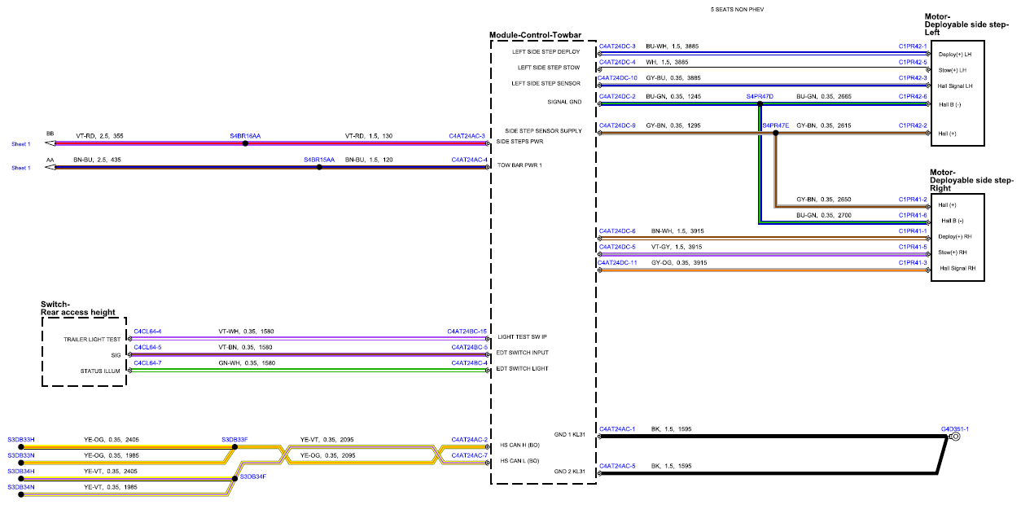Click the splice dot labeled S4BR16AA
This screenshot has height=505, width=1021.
245,143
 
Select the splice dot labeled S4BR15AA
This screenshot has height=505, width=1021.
319,168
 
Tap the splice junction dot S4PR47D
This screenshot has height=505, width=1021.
760,104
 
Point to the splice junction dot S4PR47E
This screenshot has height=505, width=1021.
775,134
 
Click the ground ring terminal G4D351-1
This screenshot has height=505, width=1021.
956,437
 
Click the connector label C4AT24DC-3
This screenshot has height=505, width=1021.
617,46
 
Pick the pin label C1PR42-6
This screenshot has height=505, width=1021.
913,96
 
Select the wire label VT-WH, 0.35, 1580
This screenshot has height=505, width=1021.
246,332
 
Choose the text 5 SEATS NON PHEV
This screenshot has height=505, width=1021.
737,9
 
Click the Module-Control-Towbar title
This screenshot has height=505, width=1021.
535,35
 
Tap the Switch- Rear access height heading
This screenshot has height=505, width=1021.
77,309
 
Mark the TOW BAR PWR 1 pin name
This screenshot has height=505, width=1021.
519,165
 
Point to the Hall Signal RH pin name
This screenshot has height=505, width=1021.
957,268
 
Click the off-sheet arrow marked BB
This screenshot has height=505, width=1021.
50,143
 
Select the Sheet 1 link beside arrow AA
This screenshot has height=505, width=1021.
21,168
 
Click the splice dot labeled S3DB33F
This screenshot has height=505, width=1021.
234,447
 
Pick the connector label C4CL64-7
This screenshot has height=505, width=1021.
147,363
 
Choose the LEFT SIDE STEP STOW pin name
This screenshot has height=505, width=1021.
549,68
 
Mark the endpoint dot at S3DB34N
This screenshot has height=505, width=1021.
21,494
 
